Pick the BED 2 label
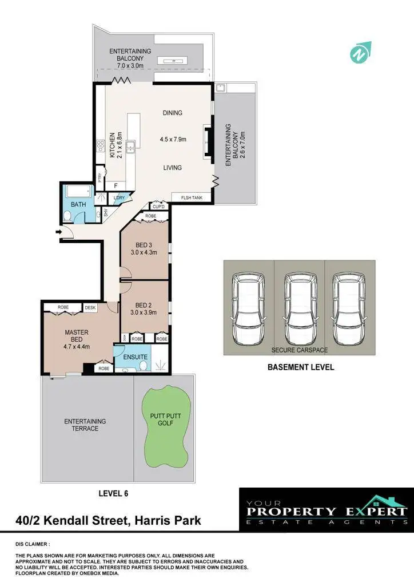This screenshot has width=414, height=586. [x=144, y=305]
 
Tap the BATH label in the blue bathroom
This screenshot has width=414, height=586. [x=78, y=204]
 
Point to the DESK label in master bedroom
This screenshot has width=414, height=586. [x=90, y=308]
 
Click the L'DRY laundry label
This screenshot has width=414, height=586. [x=119, y=198]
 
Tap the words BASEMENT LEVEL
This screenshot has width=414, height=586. [x=301, y=367]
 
